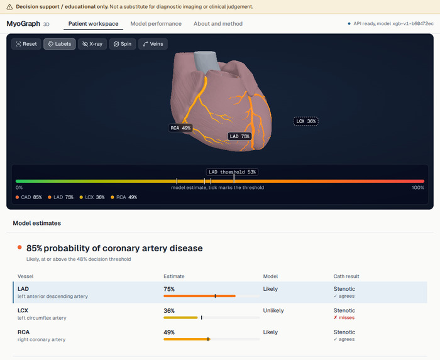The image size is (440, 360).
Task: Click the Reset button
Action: [x=26, y=44]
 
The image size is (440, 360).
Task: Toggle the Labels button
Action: [x=60, y=44]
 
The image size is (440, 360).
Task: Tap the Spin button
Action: [x=123, y=44]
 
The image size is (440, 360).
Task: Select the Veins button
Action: [x=153, y=44]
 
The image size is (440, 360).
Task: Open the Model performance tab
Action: [x=156, y=24]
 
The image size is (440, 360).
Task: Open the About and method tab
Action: [x=218, y=24]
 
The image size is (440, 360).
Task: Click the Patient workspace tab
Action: [x=94, y=24]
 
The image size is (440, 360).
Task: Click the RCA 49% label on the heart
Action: [x=180, y=128]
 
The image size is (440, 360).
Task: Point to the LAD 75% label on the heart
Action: [x=239, y=136]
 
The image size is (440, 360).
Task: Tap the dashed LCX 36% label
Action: [x=306, y=121]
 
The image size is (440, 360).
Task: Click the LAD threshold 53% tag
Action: [x=232, y=172]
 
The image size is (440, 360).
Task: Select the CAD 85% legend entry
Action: [x=29, y=197]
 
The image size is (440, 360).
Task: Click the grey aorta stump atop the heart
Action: [x=207, y=61]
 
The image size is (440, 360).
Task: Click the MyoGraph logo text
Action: [x=23, y=23]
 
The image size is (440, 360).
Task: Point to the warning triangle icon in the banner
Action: [x=9, y=7]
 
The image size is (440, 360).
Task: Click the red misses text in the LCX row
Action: [x=344, y=318]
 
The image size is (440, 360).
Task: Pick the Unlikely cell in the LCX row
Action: [x=273, y=310]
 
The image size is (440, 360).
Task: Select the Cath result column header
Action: [x=346, y=276]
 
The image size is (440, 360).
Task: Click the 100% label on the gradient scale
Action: [x=418, y=188]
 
